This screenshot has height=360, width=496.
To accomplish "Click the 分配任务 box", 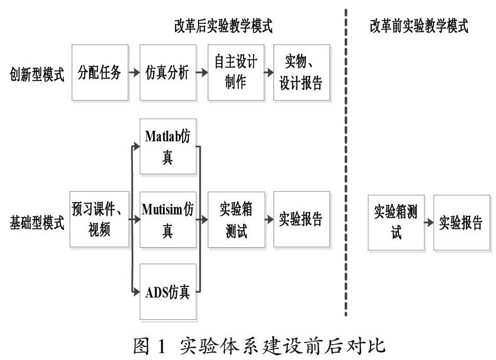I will point(100,73).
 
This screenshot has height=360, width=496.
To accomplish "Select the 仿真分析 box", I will point(167,73).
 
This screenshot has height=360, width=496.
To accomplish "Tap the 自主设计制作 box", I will point(235,73).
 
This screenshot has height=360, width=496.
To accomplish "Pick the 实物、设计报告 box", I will point(302,73).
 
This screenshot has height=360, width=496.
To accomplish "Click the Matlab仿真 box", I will point(167,147).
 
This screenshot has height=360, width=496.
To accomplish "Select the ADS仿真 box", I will point(167,292).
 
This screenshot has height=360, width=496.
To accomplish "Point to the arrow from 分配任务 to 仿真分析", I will point(134,73).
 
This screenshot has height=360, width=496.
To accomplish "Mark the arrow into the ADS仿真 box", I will point(135,291).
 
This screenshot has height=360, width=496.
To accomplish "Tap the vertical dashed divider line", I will point(346,159).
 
